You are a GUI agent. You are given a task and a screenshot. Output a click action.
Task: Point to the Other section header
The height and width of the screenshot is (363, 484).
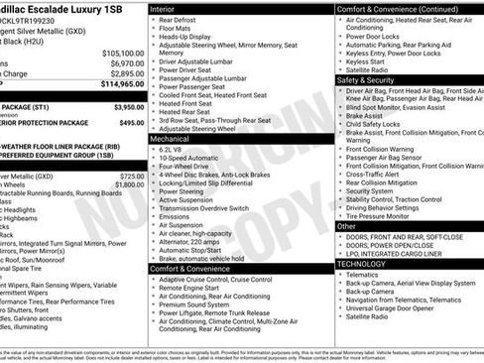346,226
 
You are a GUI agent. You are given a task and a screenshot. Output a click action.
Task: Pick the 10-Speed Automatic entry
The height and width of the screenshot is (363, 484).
188,159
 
